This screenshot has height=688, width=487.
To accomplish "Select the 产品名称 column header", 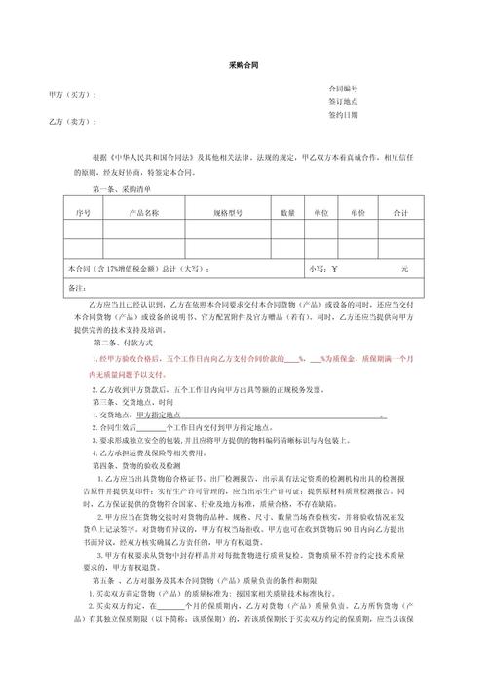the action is coord(145,211).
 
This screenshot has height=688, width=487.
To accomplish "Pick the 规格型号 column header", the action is coord(228,211).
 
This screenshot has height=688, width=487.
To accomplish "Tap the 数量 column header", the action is coord(287,211).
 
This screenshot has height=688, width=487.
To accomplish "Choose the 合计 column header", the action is coord(400,211).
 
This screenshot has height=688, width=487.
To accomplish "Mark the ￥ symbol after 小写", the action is coord(334,268).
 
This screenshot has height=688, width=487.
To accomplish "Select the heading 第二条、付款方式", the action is coord(122,344).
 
